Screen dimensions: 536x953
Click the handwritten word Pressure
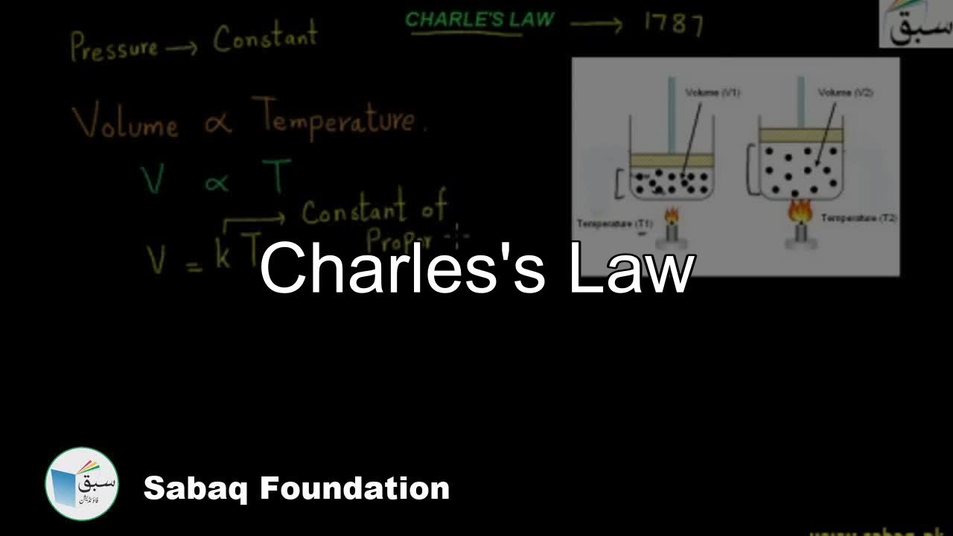point(114,48)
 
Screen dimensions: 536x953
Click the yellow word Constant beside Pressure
point(265,37)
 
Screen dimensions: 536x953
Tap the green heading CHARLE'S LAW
point(479,20)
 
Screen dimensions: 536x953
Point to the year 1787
point(673,25)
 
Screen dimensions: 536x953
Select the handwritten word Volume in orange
point(125,123)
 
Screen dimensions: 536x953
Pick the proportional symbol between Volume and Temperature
point(217,124)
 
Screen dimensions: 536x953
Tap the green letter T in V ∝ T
point(276,176)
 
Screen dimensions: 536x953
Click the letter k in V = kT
point(223,253)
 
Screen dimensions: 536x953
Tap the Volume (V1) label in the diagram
point(712,92)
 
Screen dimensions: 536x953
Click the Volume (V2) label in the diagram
point(845,92)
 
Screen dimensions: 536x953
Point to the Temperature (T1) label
point(615,223)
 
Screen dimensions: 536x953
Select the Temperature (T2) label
point(858,218)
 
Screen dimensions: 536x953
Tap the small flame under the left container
point(672,217)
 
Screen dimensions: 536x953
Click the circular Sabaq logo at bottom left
point(82,483)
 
